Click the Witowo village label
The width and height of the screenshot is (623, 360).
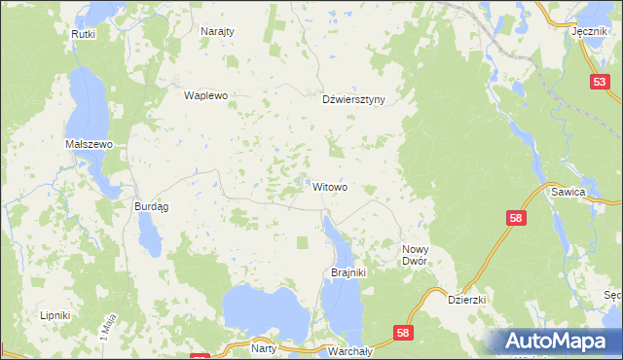click(x=330, y=186)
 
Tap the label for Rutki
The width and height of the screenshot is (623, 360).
click(x=82, y=34)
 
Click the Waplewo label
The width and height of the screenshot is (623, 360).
click(x=205, y=96)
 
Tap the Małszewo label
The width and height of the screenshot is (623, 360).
click(x=90, y=144)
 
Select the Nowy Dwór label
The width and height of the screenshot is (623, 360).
click(x=422, y=256)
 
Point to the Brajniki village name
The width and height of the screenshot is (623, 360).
click(x=348, y=272)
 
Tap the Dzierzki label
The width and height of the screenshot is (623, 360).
click(x=466, y=301)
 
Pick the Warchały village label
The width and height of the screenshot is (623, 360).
click(x=347, y=348)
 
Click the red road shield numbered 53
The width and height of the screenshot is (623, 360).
click(x=599, y=85)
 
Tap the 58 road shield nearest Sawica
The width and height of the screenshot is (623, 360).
click(x=517, y=221)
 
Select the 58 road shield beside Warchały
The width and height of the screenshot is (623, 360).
click(x=403, y=334)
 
